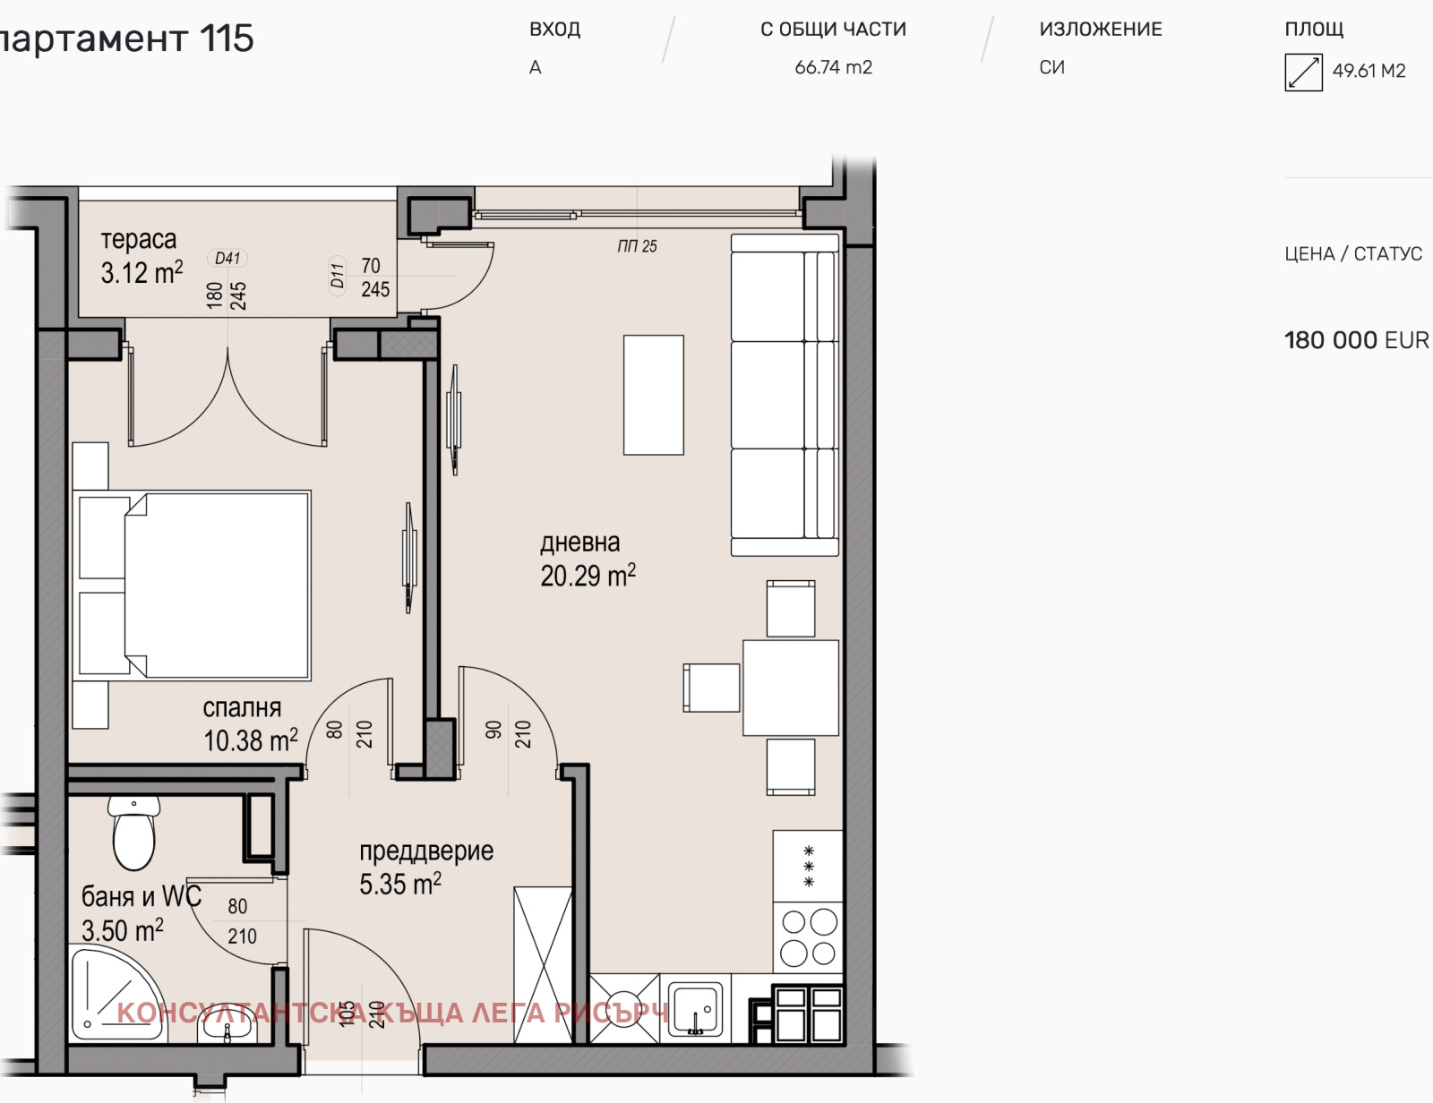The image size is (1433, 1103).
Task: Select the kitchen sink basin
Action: pos(695,1009)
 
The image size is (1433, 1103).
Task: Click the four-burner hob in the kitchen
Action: pos(808,937)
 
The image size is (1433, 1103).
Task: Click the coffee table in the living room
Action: pos(653,395)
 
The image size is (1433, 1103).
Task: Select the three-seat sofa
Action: pos(785,395)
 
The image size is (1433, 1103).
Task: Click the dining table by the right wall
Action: pos(790,688)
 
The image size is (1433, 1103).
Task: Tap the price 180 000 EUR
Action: pos(1355,340)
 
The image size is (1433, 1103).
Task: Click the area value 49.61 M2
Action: pos(1369,71)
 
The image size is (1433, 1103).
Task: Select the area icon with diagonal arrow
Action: pos(1303,72)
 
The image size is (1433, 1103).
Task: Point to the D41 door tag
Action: pos(227,258)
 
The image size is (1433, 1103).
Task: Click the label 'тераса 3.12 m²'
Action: pos(141,256)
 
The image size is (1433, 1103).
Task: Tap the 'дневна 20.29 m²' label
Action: pos(587,560)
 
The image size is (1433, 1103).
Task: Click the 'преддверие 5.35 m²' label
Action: pos(425,868)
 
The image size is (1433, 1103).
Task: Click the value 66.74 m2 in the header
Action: pos(833,67)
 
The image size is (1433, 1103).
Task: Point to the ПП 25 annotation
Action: pos(637,246)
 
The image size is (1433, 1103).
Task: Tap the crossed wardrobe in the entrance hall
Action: pos(543,964)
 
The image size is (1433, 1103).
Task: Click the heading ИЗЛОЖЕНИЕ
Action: pos(1100,30)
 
